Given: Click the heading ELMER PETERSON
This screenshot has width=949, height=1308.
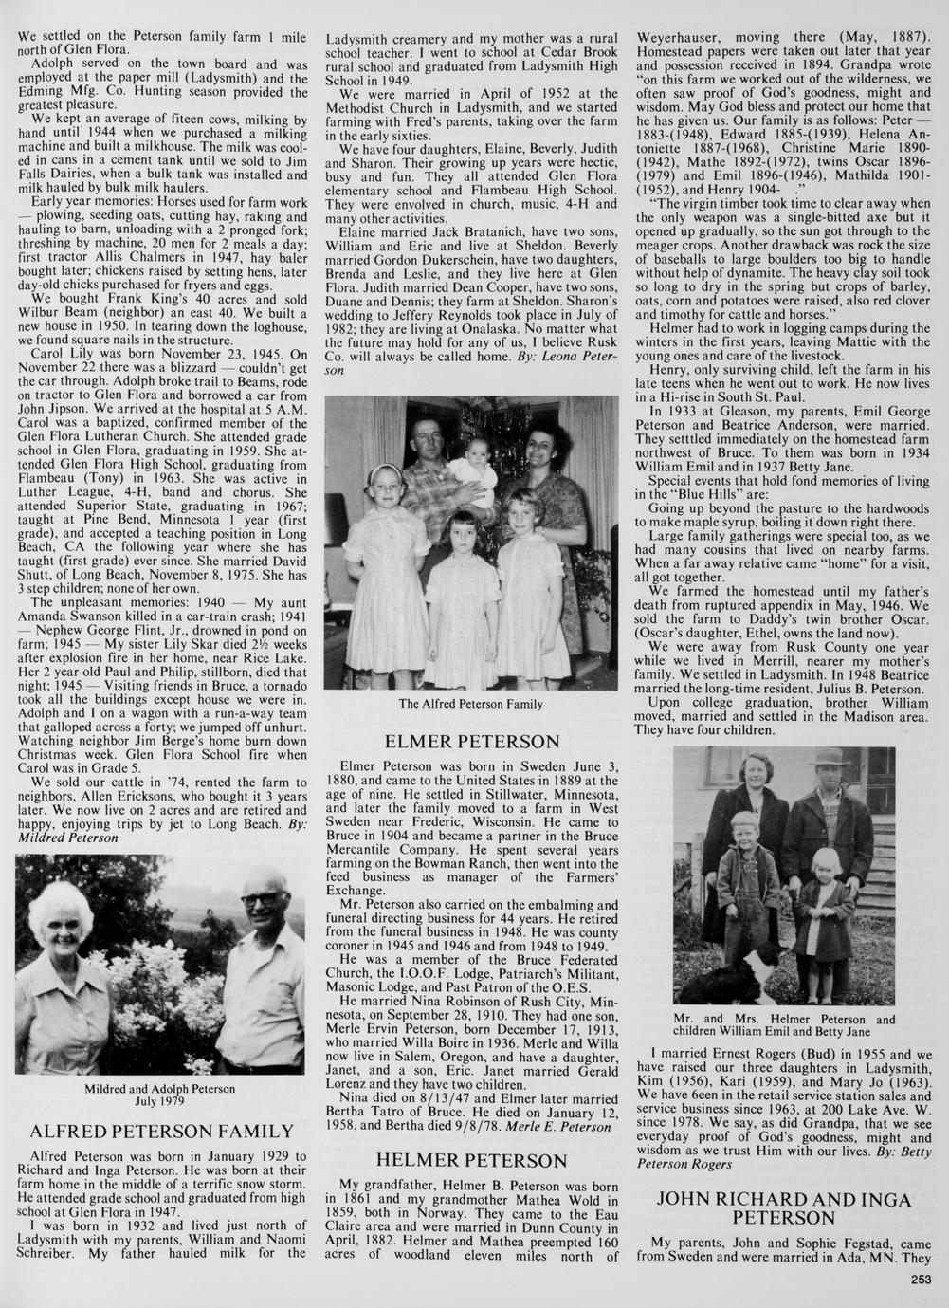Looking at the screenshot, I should pyautogui.click(x=471, y=742).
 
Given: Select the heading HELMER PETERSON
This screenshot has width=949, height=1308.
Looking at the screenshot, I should pyautogui.click(x=471, y=1160).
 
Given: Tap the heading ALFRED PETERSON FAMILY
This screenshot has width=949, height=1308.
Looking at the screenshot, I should pyautogui.click(x=162, y=1132).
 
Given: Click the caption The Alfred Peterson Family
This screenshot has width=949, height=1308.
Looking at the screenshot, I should pyautogui.click(x=471, y=704).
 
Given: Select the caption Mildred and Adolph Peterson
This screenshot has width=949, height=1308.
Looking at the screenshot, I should pyautogui.click(x=159, y=1089).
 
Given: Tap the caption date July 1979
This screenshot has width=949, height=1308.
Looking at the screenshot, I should pyautogui.click(x=159, y=1102).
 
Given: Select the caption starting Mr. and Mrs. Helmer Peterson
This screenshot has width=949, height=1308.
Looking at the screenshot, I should pyautogui.click(x=783, y=1025).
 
